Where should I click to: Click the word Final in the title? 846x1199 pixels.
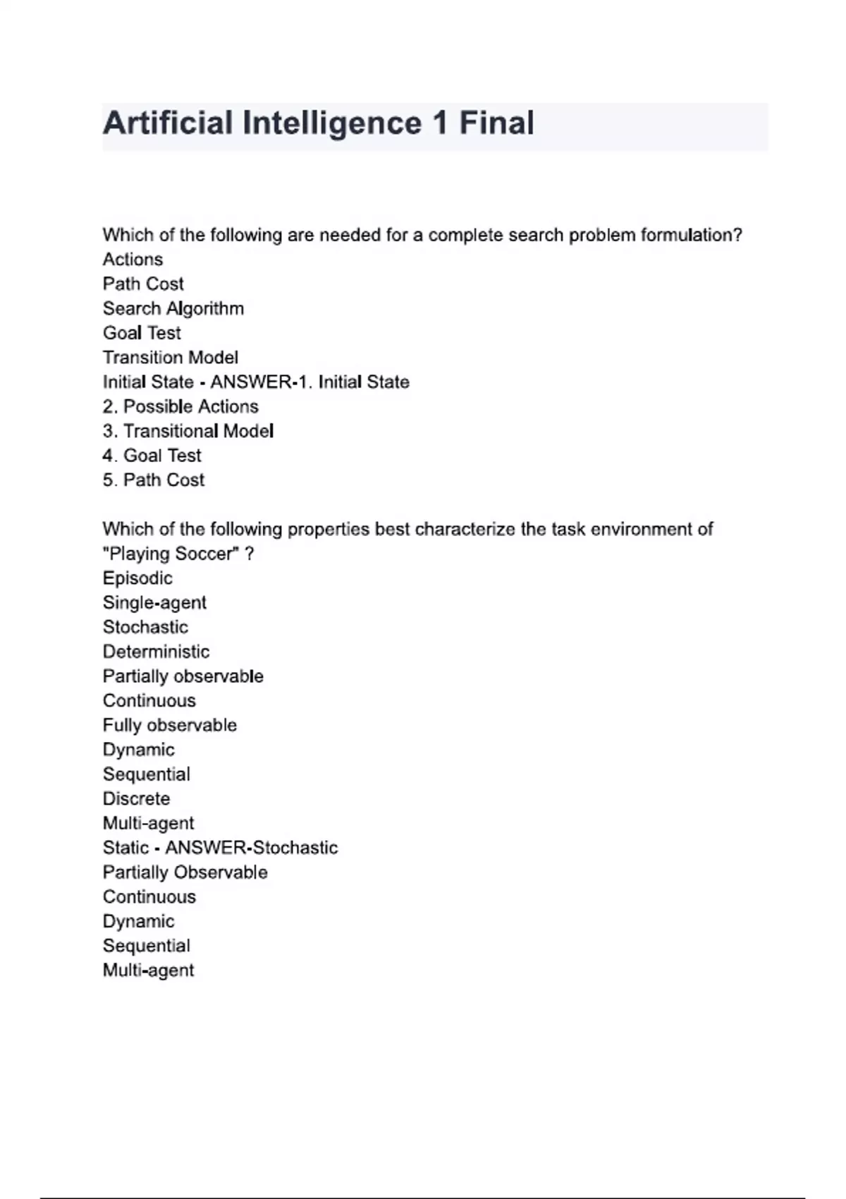[496, 123]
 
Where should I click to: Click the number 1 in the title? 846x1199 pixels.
[441, 123]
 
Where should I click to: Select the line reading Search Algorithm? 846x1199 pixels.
[173, 309]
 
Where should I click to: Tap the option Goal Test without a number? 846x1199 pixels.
[142, 333]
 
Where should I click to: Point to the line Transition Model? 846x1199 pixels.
[171, 358]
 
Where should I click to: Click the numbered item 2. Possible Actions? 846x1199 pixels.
[180, 407]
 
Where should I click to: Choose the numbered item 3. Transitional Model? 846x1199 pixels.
[188, 431]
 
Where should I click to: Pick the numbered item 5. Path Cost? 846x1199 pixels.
[154, 480]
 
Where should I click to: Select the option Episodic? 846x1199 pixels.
[137, 578]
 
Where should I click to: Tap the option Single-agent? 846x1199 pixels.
[154, 603]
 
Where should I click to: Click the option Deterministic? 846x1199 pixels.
[156, 652]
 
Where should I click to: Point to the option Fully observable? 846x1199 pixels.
[170, 725]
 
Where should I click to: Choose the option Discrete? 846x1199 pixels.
[136, 799]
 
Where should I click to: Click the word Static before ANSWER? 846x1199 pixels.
[125, 848]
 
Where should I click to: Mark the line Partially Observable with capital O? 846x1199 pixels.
[185, 872]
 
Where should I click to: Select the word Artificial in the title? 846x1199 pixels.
[168, 123]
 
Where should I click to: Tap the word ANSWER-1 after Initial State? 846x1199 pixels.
[258, 382]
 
